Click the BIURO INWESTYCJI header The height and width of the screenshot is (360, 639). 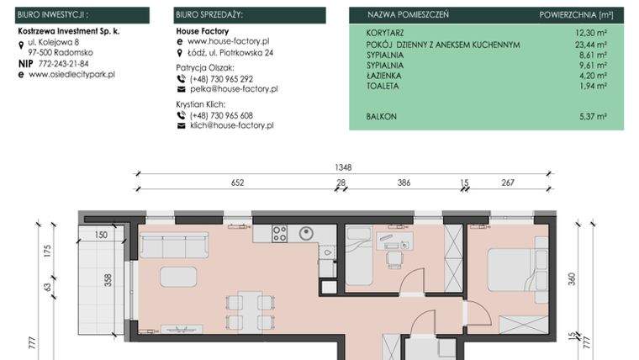coord(52,15)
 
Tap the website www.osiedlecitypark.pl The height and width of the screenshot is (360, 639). coord(71,74)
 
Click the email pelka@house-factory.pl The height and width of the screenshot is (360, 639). coord(233,88)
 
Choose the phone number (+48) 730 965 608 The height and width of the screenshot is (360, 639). coord(221,115)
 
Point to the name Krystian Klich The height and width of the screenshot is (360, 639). coord(201,103)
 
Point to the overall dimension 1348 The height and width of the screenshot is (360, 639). coord(343,167)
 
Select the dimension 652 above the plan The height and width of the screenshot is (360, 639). coord(237,183)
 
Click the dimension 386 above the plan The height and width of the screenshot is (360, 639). coord(404,183)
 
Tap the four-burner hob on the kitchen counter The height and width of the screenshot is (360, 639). coord(280,234)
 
